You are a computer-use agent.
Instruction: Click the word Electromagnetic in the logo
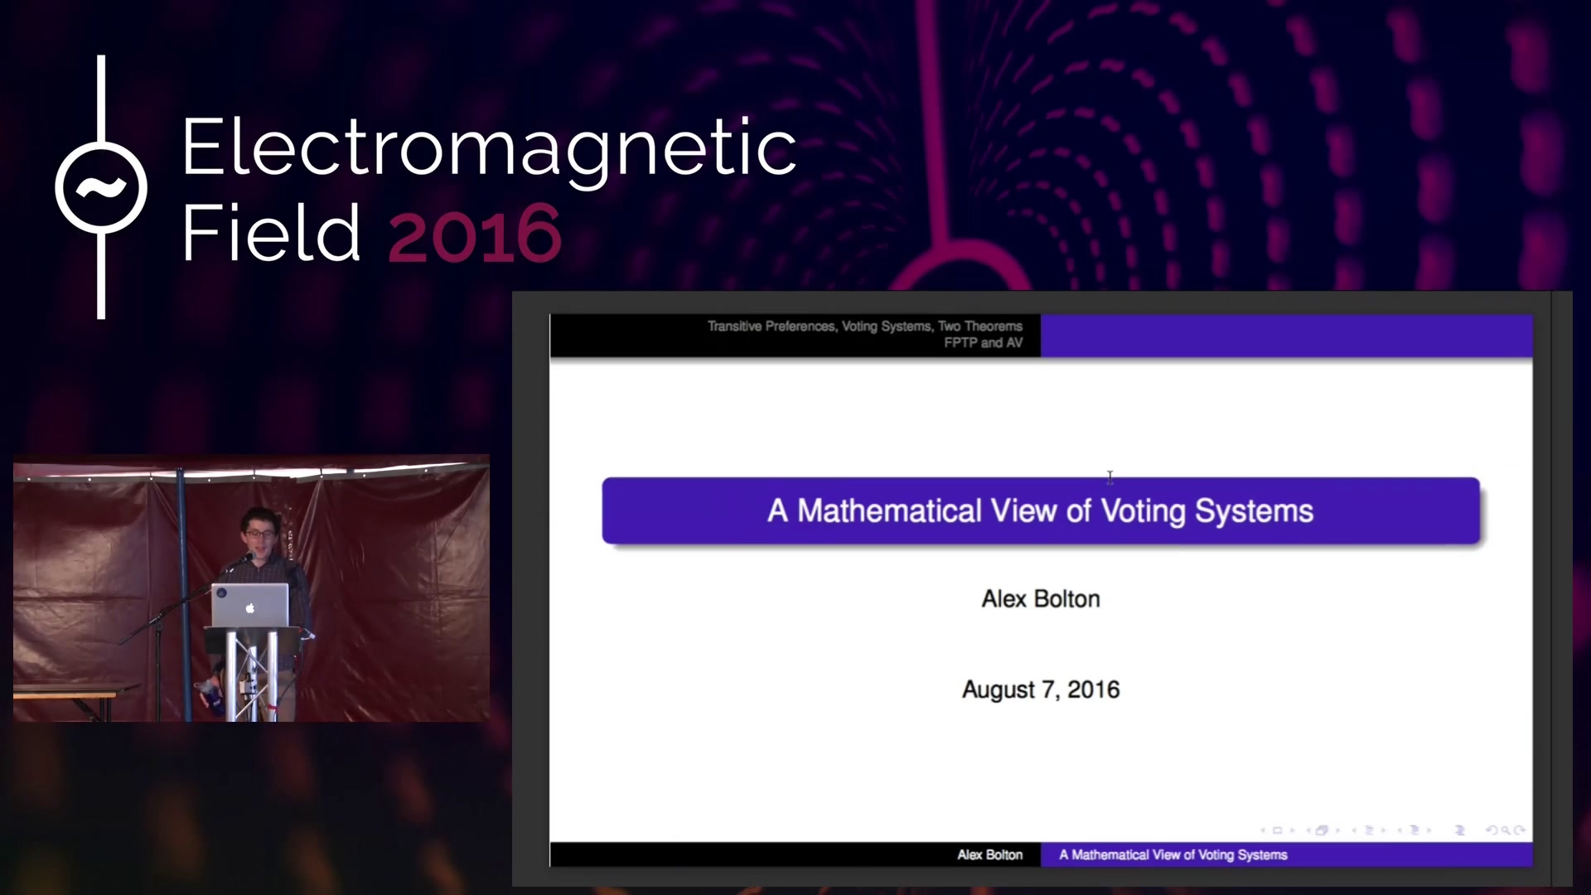(489, 149)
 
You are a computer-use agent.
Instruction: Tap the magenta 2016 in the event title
(475, 234)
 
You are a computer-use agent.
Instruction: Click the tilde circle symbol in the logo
(101, 187)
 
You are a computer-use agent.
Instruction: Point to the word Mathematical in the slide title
(889, 510)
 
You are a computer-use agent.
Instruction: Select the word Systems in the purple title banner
(1254, 511)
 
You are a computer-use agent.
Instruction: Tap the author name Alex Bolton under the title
(1041, 598)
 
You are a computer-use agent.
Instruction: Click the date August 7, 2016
(1041, 689)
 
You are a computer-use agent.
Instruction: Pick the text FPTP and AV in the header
(984, 342)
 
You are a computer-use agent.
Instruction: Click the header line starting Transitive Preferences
(865, 326)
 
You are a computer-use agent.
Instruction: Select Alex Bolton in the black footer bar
(990, 854)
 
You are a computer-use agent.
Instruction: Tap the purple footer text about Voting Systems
(1173, 854)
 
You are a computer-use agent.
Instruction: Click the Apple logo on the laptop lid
(250, 608)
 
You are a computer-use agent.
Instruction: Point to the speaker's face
(259, 535)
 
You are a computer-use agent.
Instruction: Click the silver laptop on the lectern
(250, 605)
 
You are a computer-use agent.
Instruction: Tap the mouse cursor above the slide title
(1110, 477)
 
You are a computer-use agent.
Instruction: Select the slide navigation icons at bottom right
(1392, 830)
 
